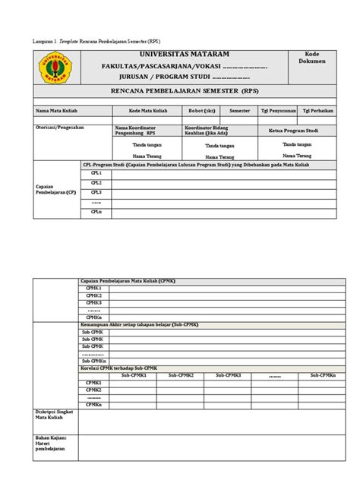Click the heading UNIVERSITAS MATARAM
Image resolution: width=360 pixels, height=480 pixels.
pyautogui.click(x=184, y=55)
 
